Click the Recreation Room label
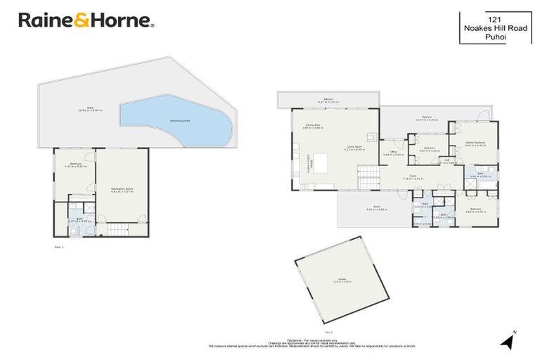(122, 190)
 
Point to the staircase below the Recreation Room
(118, 229)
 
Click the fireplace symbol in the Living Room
(373, 137)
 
